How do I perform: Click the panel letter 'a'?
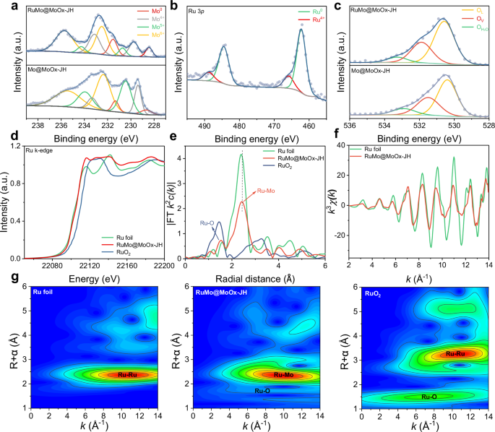(5, 6)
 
